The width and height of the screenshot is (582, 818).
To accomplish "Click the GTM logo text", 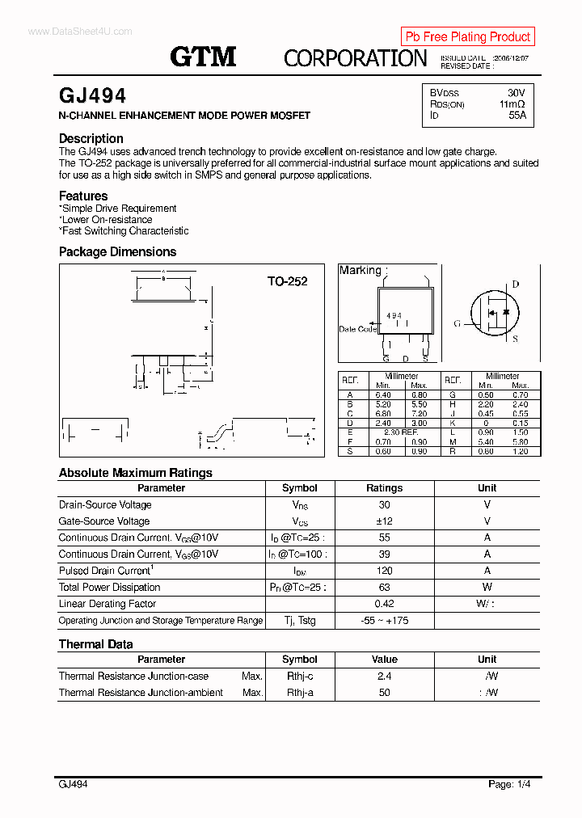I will (x=203, y=56).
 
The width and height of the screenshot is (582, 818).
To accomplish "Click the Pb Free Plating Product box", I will (x=467, y=36).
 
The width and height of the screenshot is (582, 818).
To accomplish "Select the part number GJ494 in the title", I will (x=92, y=96).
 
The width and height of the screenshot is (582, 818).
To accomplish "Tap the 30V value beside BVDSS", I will (x=516, y=93).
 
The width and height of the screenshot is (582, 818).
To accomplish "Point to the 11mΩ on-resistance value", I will (x=512, y=104).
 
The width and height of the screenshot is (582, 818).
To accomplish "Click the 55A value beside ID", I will (x=517, y=116).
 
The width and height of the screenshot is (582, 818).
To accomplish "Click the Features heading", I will (x=83, y=196).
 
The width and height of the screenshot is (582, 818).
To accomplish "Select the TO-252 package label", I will (x=287, y=281).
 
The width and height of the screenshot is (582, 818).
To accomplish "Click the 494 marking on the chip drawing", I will (x=394, y=315).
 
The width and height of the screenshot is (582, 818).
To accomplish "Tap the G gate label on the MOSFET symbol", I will (x=458, y=323).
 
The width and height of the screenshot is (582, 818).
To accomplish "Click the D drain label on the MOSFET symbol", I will (x=516, y=285).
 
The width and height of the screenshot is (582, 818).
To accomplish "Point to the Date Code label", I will (x=357, y=329).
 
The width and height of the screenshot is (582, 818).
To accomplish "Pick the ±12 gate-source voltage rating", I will (x=384, y=521).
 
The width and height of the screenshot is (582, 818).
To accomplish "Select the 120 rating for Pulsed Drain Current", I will (x=384, y=571).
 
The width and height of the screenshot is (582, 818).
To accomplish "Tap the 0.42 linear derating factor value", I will (x=384, y=604).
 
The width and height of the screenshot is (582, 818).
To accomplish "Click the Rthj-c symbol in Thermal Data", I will (x=299, y=676).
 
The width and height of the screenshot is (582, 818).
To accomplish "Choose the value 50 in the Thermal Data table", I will (x=384, y=693).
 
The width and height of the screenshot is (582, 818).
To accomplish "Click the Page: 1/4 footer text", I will (x=509, y=784).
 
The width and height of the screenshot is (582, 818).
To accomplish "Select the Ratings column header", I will (x=384, y=488).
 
